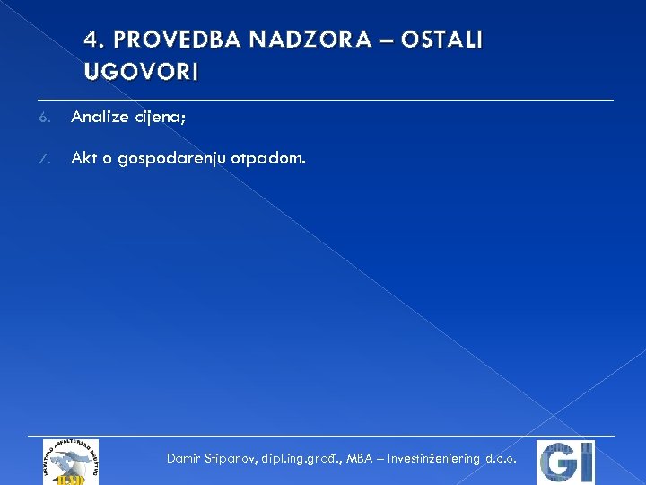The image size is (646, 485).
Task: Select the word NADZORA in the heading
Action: [x=289, y=40]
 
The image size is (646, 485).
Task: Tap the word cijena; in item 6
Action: [x=169, y=117]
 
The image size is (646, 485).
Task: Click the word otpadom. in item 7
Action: [x=267, y=160]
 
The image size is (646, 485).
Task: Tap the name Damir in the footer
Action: [x=185, y=458]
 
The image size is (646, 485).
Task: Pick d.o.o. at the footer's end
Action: [x=501, y=458]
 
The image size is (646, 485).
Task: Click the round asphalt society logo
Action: [x=71, y=462]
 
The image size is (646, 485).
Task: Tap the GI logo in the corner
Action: [x=565, y=462]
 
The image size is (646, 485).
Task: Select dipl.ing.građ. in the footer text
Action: [x=302, y=459]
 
